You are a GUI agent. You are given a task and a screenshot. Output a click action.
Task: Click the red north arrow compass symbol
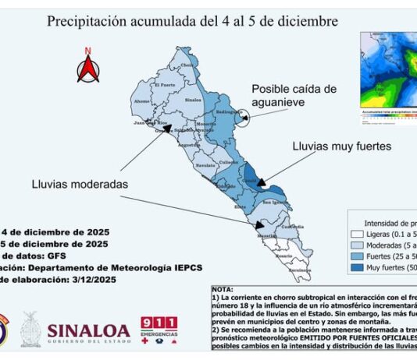click(88, 66)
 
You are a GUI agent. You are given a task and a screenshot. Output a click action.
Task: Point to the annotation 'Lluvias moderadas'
click(80, 185)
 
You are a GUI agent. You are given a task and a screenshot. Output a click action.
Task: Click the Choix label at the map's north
click(187, 65)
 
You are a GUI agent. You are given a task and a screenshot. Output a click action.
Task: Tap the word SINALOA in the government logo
click(87, 330)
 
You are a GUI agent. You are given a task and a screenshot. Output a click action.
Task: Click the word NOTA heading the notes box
click(223, 288)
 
